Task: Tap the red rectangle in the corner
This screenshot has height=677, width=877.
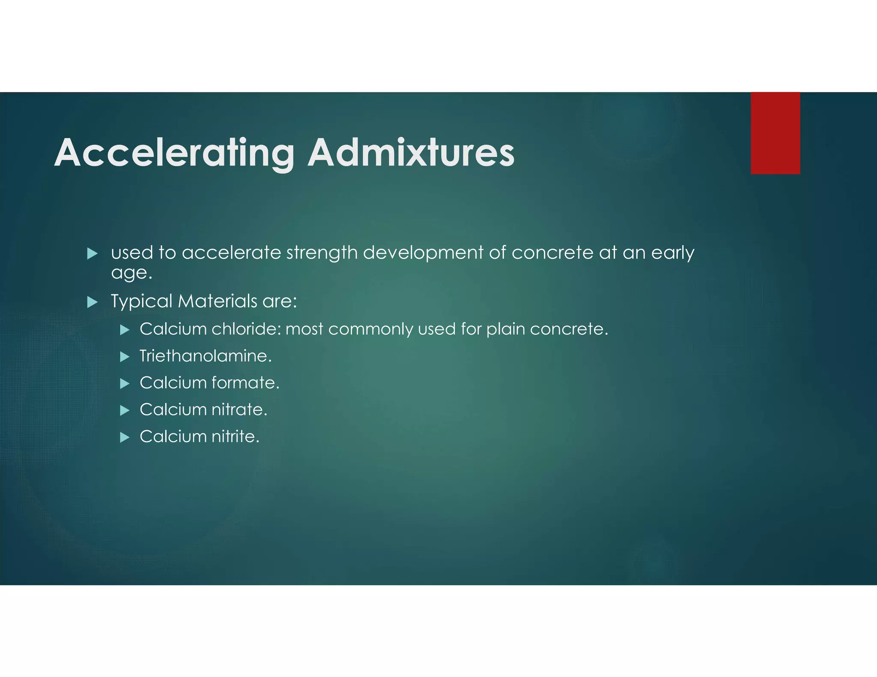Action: coord(775,133)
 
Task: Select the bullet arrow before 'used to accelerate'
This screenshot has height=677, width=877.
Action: coord(92,254)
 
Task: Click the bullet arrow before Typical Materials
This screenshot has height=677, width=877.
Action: coord(92,303)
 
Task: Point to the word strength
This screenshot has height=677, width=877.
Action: coord(322,253)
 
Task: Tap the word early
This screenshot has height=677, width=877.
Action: coord(672,253)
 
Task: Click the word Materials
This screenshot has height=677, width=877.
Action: coord(218,301)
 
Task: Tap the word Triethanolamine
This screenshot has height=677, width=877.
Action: coord(205,356)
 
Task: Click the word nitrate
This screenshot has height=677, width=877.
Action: coord(239,410)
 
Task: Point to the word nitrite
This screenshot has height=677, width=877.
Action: coord(235,436)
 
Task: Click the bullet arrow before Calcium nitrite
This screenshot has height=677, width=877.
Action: coord(125,437)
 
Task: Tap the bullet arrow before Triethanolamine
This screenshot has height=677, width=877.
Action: coord(125,357)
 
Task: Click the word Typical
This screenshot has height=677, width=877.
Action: coord(141,302)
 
